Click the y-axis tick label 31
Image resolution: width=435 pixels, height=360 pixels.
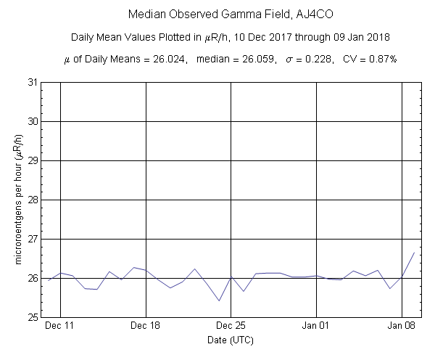[x=33, y=82]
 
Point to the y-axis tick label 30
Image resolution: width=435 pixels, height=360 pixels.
[x=33, y=121]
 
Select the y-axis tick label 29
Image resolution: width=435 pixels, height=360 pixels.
[x=33, y=160]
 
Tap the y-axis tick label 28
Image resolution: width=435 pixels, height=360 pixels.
[x=33, y=200]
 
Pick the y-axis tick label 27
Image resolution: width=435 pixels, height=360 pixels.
[x=33, y=239]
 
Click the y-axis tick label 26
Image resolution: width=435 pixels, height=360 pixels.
[x=33, y=278]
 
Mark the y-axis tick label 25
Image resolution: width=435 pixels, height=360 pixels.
[x=33, y=317]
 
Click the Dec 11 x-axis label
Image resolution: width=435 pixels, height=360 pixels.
[x=60, y=326]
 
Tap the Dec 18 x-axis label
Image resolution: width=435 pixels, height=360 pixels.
[x=146, y=326]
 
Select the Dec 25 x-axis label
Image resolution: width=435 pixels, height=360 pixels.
[x=231, y=326]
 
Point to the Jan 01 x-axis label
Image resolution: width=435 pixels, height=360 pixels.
[x=316, y=326]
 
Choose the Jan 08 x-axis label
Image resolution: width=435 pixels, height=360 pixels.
[x=402, y=326]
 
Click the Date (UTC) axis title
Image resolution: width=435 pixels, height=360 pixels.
[x=230, y=339]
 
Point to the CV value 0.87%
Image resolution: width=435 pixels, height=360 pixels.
[x=381, y=59]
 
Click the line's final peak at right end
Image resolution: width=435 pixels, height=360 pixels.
[x=414, y=252]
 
